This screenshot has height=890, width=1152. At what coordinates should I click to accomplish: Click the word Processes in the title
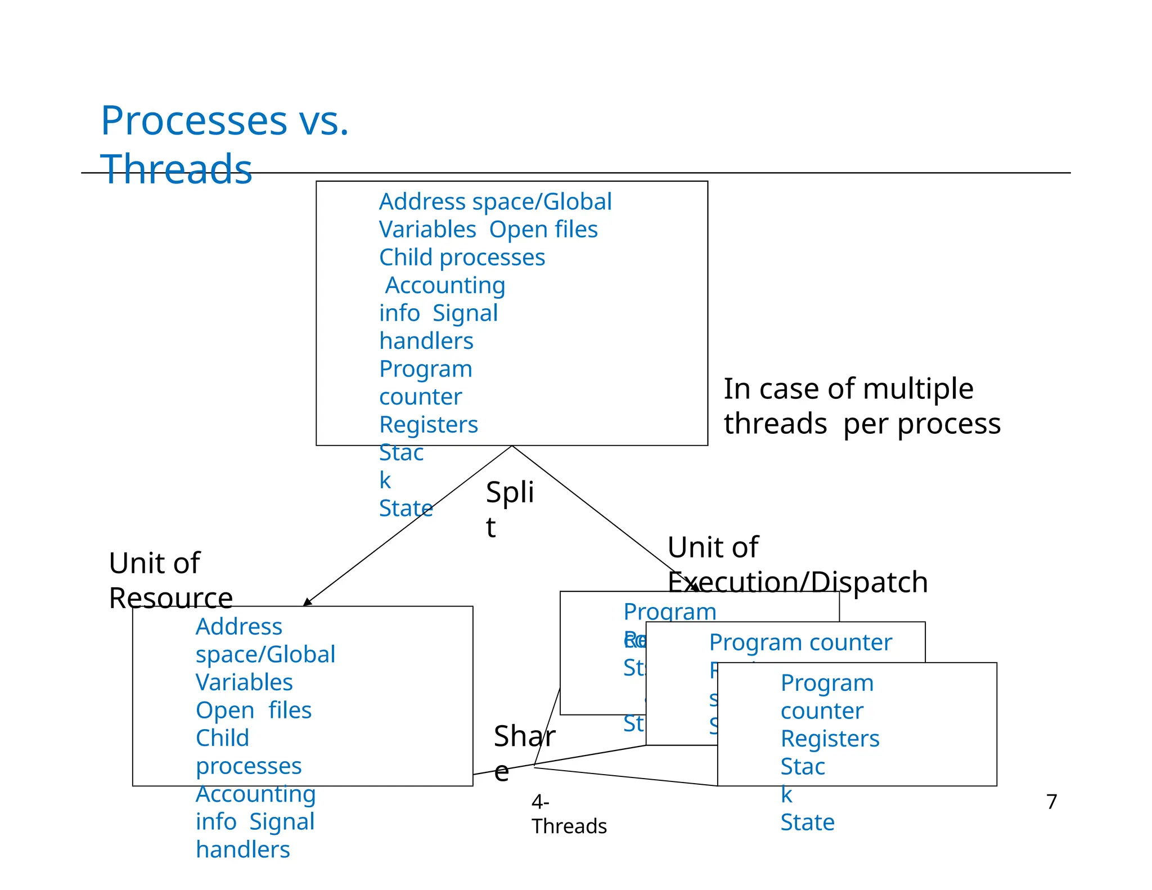pyautogui.click(x=193, y=121)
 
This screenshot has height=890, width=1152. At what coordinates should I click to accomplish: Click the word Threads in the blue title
pyautogui.click(x=176, y=169)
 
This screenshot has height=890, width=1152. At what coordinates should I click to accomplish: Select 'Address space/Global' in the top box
pyautogui.click(x=495, y=201)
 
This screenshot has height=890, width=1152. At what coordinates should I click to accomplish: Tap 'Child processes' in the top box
pyautogui.click(x=462, y=257)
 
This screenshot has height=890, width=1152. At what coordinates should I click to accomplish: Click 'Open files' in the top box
pyautogui.click(x=543, y=230)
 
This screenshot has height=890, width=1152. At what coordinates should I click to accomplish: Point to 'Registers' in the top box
pyautogui.click(x=428, y=424)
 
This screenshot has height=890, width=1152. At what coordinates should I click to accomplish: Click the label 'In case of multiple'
pyautogui.click(x=848, y=389)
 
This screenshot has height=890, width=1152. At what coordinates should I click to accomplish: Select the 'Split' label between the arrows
pyautogui.click(x=508, y=507)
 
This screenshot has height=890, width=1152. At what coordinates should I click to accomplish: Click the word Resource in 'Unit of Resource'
pyautogui.click(x=170, y=597)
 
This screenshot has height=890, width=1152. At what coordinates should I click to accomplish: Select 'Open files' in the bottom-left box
pyautogui.click(x=253, y=710)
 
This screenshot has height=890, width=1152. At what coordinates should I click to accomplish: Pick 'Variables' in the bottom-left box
pyautogui.click(x=244, y=682)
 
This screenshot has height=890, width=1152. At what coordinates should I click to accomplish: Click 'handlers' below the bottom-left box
pyautogui.click(x=242, y=849)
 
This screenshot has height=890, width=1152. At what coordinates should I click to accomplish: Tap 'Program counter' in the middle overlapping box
pyautogui.click(x=800, y=642)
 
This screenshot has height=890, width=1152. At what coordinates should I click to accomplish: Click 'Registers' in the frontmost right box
pyautogui.click(x=829, y=738)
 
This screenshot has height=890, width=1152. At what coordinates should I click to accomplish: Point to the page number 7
pyautogui.click(x=1051, y=801)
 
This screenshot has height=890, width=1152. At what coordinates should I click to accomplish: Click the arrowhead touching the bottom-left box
pyautogui.click(x=307, y=603)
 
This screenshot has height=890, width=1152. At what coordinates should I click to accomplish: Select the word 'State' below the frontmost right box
pyautogui.click(x=807, y=822)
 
